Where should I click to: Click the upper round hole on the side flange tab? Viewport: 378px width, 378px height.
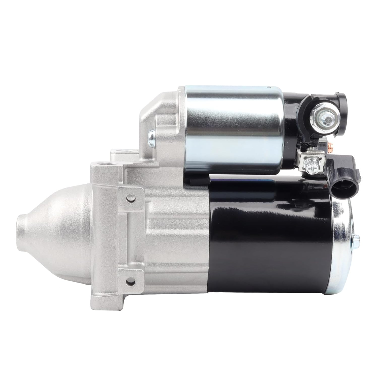[x=130, y=198]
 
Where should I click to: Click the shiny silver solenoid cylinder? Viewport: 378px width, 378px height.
[x=232, y=131]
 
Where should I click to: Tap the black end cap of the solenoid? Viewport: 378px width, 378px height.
[x=290, y=118]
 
